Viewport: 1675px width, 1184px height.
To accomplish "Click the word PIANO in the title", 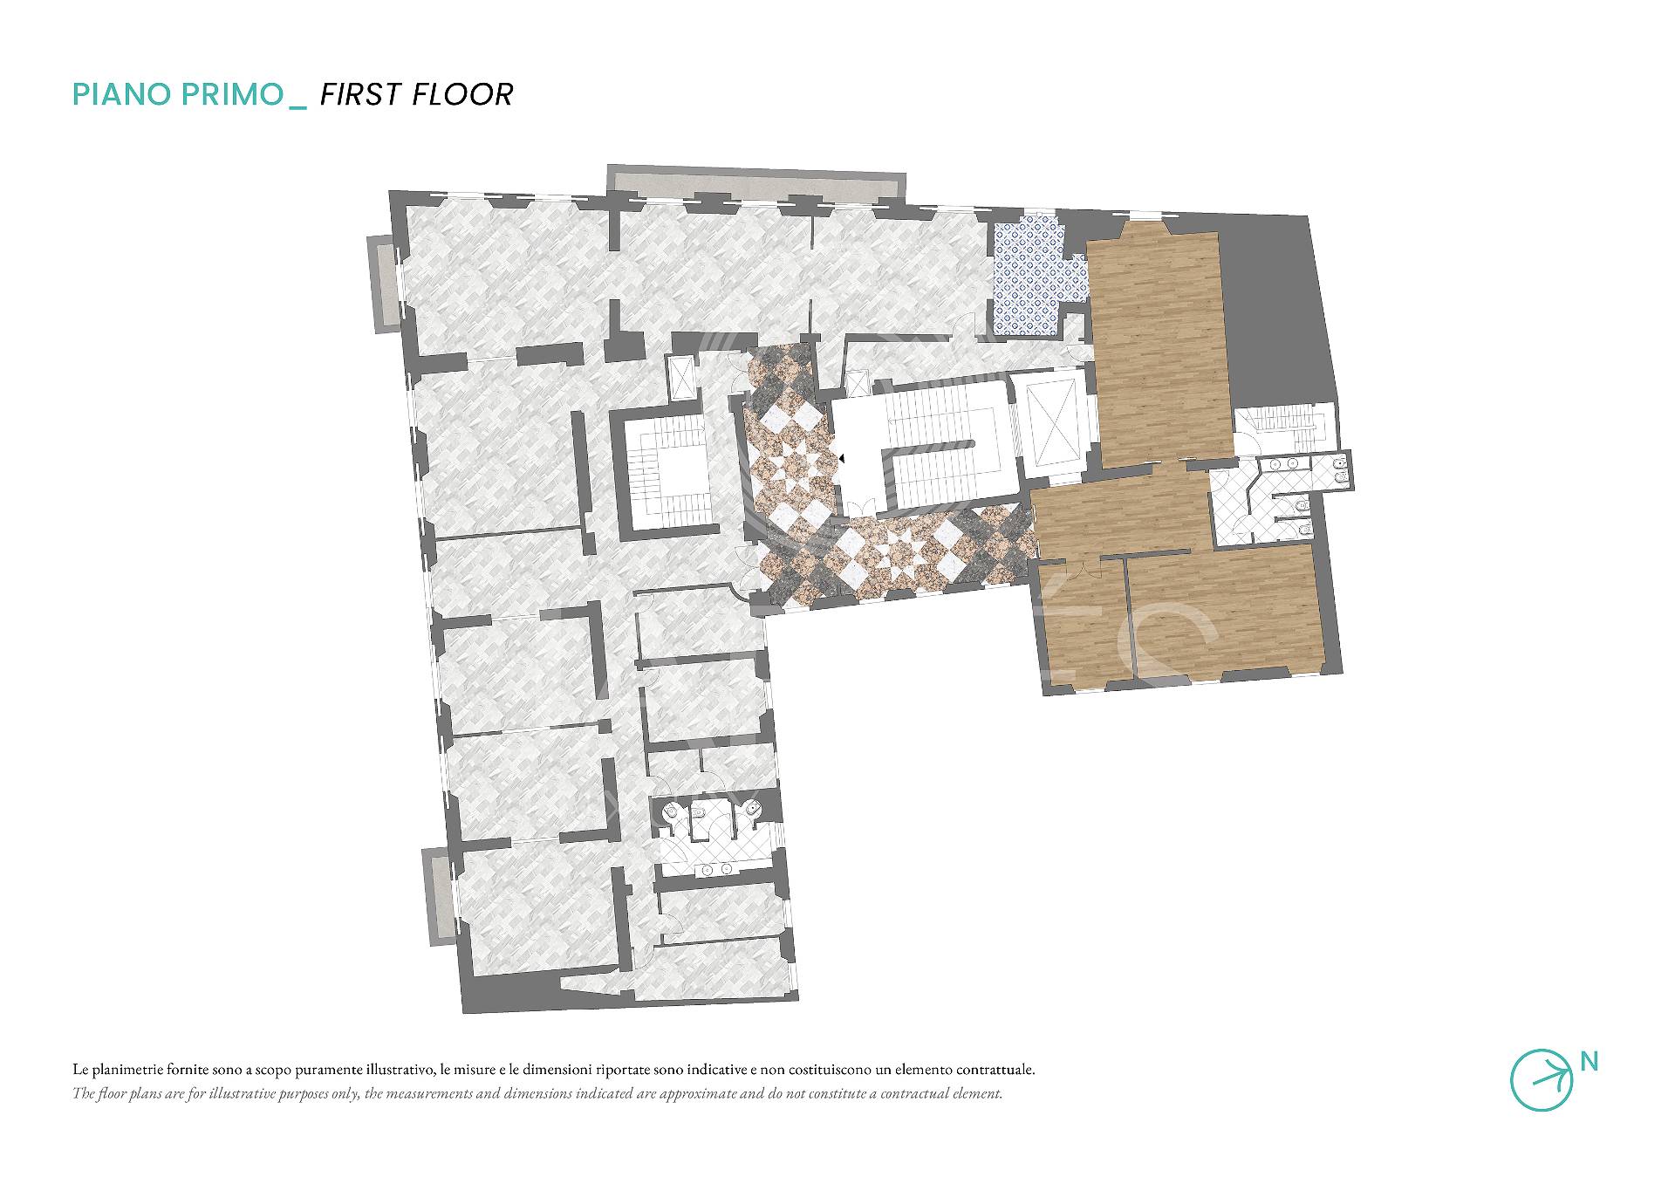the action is point(124,94).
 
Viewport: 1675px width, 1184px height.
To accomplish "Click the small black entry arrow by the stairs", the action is point(842,455).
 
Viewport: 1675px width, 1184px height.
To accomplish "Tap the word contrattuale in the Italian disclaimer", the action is point(993,1069).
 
